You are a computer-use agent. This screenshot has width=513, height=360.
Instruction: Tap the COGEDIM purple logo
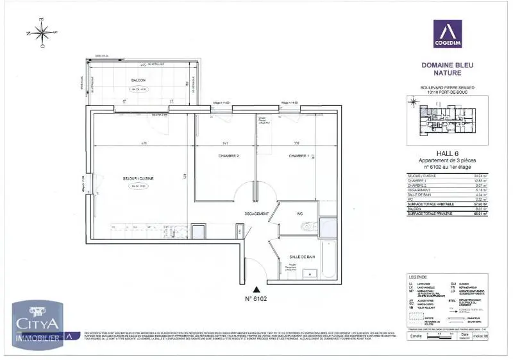coord(447,37)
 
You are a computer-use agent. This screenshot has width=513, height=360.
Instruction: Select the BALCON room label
coord(138,80)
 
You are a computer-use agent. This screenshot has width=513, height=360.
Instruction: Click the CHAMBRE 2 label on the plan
coord(228,156)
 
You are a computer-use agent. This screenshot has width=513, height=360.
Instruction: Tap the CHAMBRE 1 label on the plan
coord(299,156)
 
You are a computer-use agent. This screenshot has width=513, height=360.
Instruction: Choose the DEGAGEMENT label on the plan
coord(256,214)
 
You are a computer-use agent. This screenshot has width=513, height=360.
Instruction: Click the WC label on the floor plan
coord(299,214)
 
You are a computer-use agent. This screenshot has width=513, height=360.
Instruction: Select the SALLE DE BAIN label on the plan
coord(301,257)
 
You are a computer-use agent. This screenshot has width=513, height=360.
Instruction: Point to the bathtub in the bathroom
coord(327,260)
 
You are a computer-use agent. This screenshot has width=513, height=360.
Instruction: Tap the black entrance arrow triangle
coord(256,290)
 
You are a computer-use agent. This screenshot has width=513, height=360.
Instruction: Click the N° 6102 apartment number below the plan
coord(256,298)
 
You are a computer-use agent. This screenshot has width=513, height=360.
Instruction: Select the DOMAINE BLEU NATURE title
coord(447,69)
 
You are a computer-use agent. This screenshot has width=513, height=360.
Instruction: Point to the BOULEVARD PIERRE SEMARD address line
coord(447,87)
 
